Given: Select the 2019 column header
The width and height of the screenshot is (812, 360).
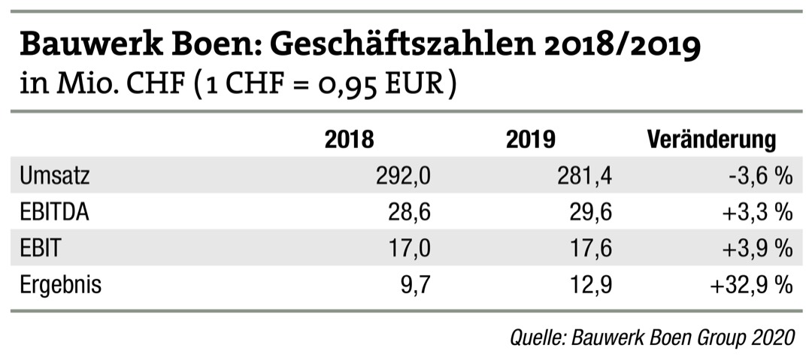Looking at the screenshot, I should (x=531, y=140).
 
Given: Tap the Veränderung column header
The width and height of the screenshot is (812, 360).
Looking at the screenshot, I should (x=710, y=140).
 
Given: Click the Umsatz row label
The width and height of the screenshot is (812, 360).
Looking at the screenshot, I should (x=55, y=177).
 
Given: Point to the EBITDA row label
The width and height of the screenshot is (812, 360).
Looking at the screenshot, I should (x=55, y=213).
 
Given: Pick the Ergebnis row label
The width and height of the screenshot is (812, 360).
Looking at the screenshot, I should (x=60, y=286).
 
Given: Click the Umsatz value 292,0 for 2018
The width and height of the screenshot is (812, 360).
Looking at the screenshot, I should (x=403, y=177).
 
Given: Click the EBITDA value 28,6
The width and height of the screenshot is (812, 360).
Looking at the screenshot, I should (x=410, y=213).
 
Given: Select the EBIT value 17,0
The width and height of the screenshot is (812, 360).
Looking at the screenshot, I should (x=410, y=249).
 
